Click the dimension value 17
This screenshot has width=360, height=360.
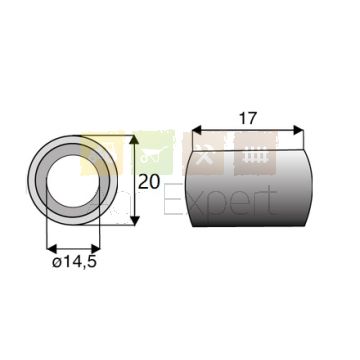248,119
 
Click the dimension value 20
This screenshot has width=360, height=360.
149,182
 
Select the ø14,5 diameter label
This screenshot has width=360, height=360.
74,262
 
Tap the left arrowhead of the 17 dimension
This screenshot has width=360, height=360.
197,130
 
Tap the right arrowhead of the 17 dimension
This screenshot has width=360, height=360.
299,130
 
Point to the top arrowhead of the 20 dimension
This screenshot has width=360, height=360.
134,140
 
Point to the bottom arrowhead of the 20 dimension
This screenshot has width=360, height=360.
134,220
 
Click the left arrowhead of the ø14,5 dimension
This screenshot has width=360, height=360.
51,248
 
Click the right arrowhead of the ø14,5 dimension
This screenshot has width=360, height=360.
95,248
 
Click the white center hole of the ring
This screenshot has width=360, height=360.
73,181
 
